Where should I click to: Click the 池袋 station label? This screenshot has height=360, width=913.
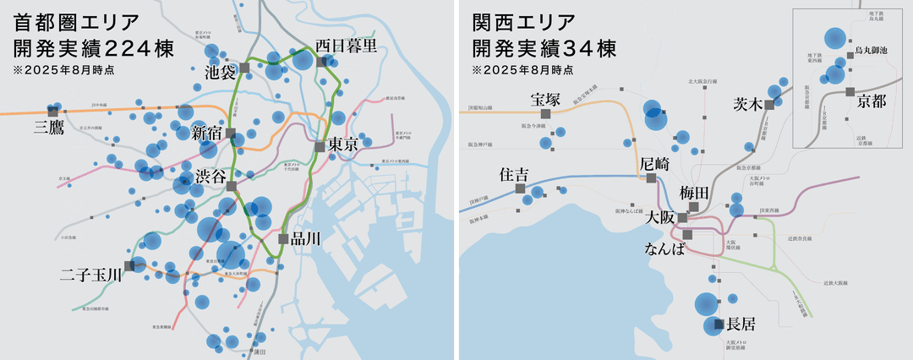point(221,73)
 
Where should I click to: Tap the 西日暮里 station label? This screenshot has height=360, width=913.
point(347,46)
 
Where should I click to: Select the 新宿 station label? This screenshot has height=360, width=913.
point(207,132)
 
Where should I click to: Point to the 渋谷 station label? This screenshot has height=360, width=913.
point(210,177)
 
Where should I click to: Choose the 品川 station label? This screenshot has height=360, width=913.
point(305,239)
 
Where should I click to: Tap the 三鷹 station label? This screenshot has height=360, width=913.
point(49,128)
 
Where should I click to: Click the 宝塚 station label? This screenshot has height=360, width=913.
point(545,97)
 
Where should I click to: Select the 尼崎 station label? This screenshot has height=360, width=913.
point(655,163)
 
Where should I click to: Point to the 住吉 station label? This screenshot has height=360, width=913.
point(514,175)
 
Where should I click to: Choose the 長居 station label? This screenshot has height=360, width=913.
point(741,324)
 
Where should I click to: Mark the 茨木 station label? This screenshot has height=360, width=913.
point(748,106)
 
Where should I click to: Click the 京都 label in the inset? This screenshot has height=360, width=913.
point(872,102)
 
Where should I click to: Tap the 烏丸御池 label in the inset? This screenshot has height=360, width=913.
point(872,52)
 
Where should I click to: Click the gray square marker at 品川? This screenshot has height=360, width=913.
point(284,238)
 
